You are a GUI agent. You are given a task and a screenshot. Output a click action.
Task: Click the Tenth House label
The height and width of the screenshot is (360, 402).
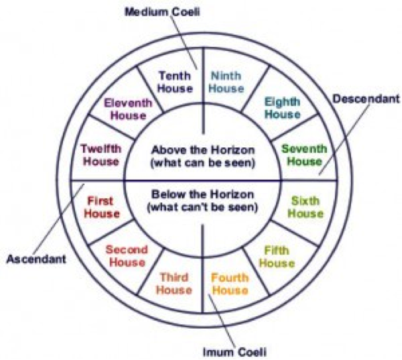coord(176,82)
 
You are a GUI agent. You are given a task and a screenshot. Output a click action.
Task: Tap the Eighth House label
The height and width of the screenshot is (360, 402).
coord(282,107)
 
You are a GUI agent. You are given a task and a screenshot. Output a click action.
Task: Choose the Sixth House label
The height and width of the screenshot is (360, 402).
coord(305,207)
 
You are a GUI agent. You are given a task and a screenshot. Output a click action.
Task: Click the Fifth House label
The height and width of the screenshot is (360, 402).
coord(277,257)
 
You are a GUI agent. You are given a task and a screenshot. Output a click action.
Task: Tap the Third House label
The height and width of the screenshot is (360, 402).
coord(174,284)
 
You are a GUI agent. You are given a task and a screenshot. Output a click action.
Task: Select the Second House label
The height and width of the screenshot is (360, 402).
coord(126,257)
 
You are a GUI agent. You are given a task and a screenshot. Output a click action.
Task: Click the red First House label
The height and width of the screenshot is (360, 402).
coord(101,207)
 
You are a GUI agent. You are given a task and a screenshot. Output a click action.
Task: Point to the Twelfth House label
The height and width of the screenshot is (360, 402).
coord(100,154)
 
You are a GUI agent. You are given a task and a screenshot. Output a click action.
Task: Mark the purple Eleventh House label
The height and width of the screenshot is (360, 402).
coord(128,109)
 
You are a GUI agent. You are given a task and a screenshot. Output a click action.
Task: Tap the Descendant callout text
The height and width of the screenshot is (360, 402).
coord(366,99)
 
